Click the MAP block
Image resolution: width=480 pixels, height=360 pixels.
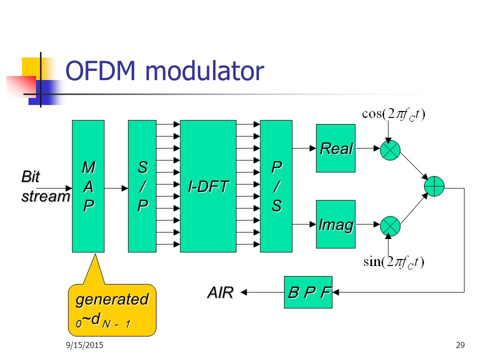88,186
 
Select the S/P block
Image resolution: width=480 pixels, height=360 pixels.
142,186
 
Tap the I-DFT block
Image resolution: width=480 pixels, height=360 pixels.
208,186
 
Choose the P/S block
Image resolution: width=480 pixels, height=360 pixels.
276,186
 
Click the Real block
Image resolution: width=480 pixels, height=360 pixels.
335,148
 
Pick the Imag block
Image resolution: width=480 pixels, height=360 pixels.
335,224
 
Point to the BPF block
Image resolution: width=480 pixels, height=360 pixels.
308,292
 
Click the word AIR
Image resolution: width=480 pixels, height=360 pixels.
220,292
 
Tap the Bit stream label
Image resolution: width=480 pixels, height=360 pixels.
44,186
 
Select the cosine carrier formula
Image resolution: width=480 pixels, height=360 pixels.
393,113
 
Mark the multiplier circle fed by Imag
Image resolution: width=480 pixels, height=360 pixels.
390,225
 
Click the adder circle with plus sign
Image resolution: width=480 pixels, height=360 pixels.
434,186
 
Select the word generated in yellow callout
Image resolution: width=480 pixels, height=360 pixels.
111,299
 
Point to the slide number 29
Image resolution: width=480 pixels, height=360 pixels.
460,344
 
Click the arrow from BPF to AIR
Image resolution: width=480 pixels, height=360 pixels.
263,292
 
